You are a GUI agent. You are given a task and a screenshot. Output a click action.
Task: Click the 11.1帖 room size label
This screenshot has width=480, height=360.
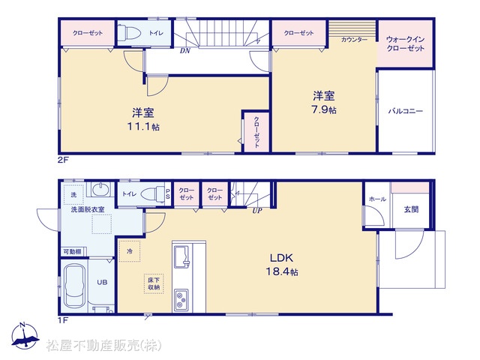point(143,127)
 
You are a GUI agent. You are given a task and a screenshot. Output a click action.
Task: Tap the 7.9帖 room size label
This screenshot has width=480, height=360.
point(324,109)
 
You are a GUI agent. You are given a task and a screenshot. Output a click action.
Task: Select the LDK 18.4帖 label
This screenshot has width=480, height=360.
point(282,265)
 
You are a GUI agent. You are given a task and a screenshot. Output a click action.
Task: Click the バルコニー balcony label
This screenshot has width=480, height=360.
point(405,111)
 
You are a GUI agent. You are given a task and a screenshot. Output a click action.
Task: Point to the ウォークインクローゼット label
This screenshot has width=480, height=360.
point(405,43)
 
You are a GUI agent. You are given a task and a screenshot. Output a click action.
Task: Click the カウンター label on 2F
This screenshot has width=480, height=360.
point(354,40)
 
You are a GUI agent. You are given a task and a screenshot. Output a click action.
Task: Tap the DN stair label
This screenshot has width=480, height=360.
point(185,51)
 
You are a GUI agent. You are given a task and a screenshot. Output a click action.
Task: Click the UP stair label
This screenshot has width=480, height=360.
point(257,211)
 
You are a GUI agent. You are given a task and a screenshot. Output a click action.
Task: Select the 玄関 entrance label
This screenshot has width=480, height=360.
point(411,209)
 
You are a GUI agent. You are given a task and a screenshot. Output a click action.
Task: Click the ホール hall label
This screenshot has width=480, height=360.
point(377,199)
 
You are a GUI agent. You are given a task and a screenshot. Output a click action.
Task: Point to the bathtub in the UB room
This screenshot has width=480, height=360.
point(75,285)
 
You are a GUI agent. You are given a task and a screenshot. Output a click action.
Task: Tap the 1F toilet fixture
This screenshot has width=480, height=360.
point(152,193)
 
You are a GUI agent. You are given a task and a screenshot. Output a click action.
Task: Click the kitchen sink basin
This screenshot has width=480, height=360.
point(182,256)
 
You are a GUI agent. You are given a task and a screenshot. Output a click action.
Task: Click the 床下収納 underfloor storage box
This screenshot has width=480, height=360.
point(154,283)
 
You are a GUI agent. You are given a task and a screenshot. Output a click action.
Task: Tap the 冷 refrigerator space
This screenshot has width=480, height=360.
point(130,251)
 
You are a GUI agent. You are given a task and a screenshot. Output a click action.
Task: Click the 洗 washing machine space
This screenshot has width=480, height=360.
point(73,195)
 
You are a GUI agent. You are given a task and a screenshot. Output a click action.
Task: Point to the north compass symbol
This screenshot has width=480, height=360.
point(25,336)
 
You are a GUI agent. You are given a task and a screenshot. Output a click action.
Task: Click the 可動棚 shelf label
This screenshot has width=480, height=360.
point(72,252)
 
